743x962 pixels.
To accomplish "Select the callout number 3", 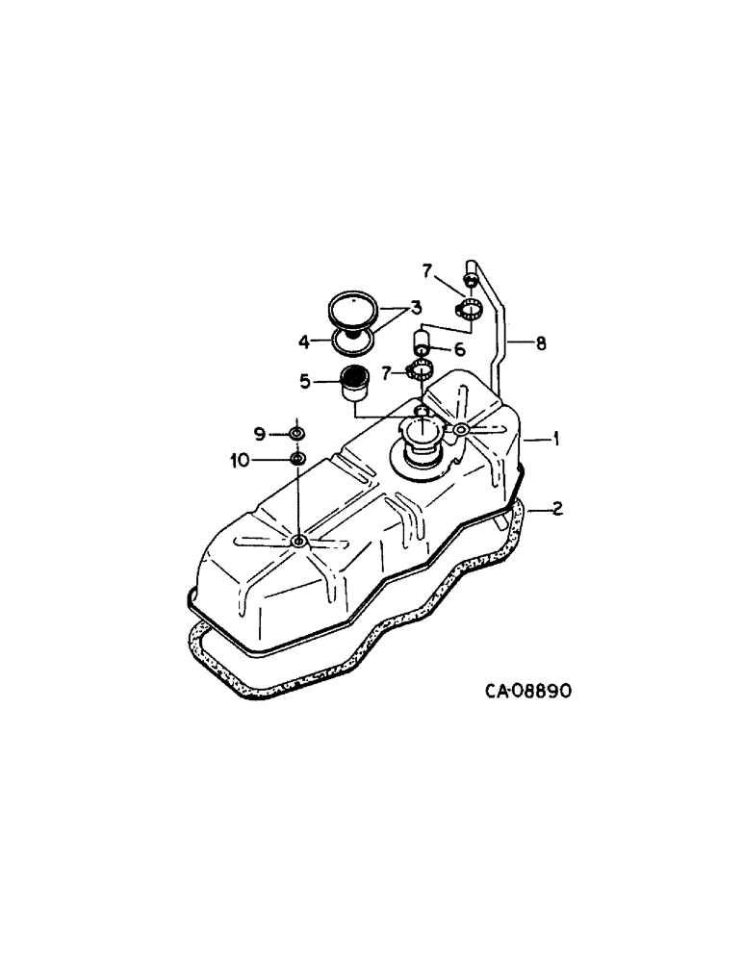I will [416, 308].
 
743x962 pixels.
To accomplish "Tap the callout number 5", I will [305, 382].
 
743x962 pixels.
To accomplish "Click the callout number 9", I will [259, 433].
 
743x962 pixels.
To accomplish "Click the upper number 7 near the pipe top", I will [426, 270].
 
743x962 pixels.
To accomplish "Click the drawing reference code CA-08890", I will [527, 692].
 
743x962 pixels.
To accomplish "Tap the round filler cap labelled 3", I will [354, 310].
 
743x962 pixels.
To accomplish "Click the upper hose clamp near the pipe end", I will [470, 309].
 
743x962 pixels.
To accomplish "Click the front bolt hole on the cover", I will [298, 544].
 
